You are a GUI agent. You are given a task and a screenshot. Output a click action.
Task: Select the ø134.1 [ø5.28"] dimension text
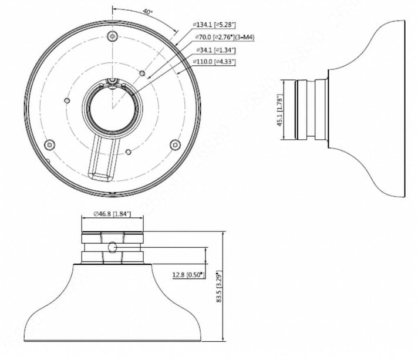tap(214, 24)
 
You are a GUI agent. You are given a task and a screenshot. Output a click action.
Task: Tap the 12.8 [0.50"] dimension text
tap(186, 274)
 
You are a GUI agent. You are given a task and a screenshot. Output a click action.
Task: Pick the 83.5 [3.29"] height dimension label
tap(218, 288)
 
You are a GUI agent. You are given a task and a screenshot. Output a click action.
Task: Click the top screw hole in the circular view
tap(112, 36)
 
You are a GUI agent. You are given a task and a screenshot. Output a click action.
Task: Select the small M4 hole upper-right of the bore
tap(143, 73)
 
